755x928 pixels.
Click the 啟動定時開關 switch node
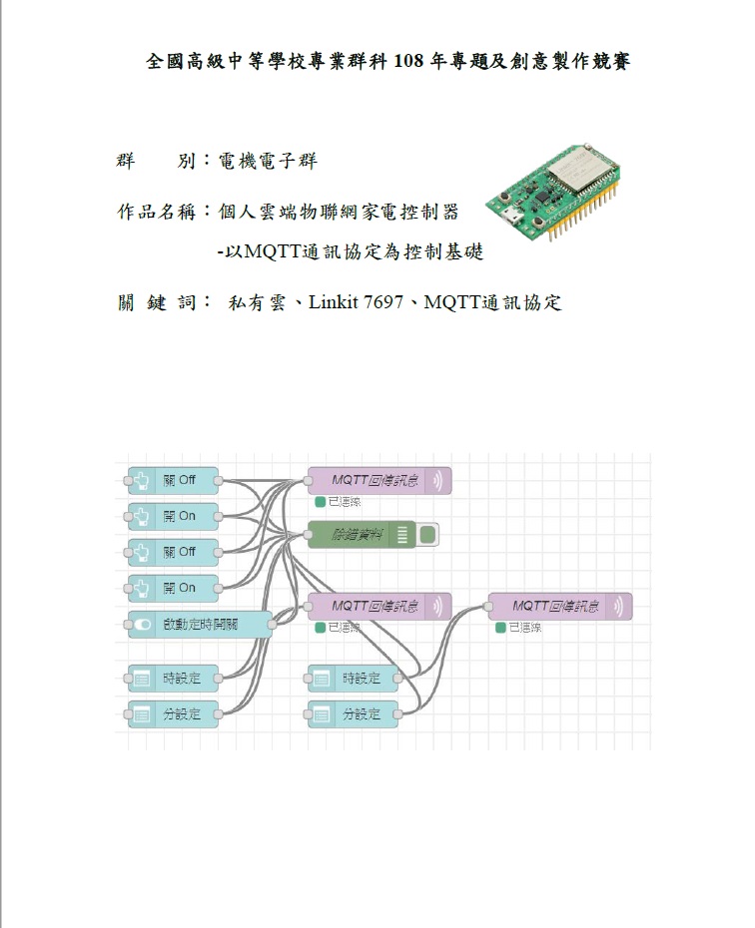point(200,625)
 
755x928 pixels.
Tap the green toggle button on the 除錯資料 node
point(428,535)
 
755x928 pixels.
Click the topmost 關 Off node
point(174,480)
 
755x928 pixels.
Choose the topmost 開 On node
point(174,516)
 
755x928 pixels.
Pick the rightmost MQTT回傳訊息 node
point(560,606)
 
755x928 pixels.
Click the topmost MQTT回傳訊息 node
point(379,480)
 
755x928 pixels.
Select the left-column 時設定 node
point(174,679)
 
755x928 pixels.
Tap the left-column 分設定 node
point(174,714)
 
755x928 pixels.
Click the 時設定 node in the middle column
point(354,679)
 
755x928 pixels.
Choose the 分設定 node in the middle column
point(354,714)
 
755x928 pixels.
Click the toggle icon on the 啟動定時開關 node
point(143,625)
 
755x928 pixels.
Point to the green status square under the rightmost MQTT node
point(501,628)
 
